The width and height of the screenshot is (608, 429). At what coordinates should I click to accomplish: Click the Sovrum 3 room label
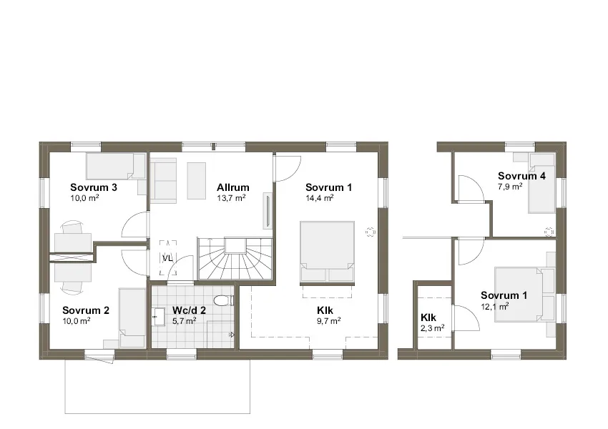94,188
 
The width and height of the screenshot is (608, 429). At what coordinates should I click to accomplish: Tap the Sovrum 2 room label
85,310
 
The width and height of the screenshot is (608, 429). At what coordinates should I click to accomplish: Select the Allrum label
232,188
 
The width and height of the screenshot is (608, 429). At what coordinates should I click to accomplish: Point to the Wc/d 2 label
189,311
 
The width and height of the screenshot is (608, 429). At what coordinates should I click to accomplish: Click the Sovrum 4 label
522,176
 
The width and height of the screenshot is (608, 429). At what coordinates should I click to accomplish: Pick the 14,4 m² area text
319,198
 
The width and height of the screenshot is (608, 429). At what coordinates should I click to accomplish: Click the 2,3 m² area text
432,327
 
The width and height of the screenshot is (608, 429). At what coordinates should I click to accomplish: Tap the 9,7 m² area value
328,321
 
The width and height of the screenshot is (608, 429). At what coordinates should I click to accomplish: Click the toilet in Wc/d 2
225,300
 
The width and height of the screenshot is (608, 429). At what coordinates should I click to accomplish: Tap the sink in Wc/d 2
158,313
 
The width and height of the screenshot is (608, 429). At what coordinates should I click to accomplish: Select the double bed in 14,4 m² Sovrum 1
327,252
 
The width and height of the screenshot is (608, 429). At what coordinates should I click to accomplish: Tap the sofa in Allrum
164,181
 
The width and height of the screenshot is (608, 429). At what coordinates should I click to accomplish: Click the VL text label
167,258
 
